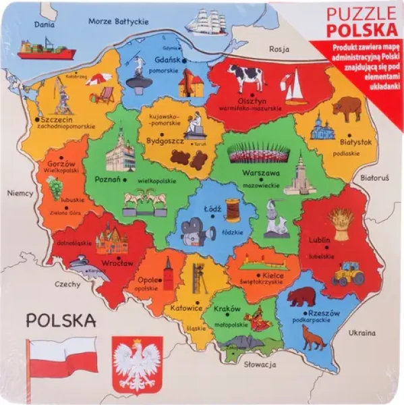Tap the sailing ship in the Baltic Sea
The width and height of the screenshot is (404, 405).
coord(208,23)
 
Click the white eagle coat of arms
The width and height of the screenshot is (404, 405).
coord(138,365)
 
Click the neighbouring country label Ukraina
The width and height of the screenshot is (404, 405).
coord(362,333)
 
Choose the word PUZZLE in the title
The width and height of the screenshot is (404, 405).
coord(362,14)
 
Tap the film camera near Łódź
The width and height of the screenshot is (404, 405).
coord(193,232)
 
